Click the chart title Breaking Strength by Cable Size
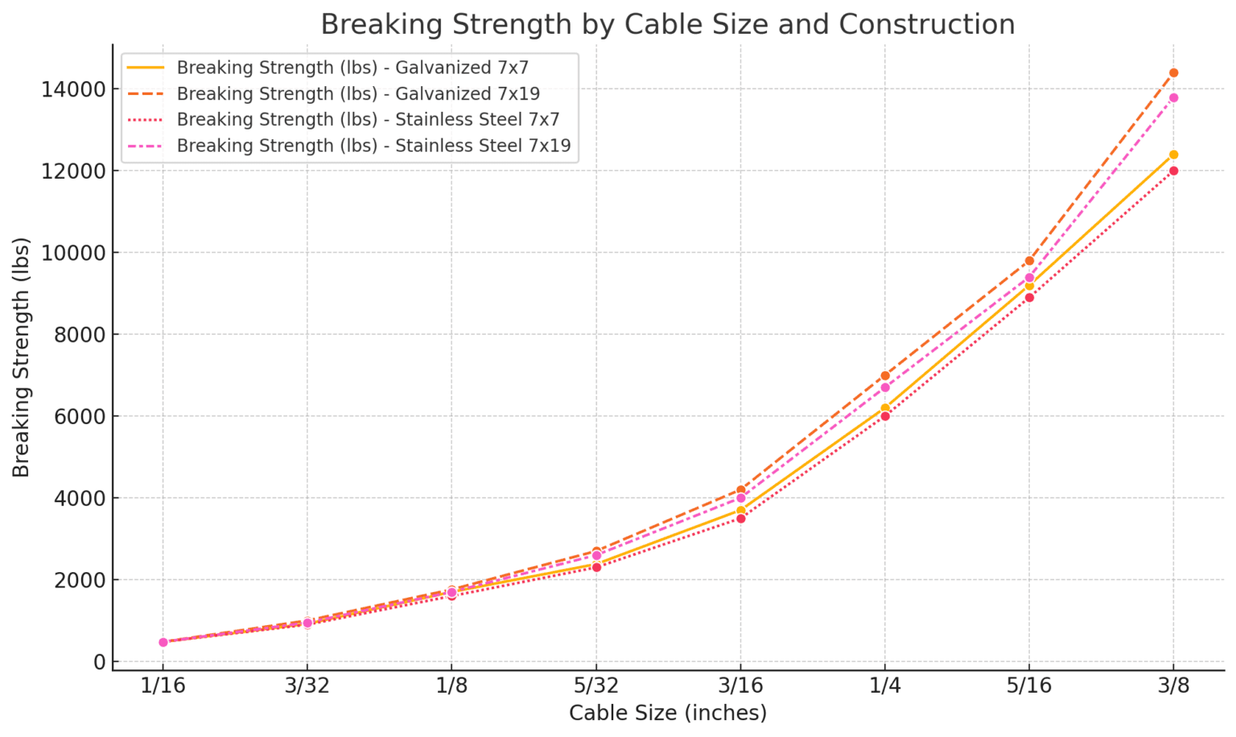click(667, 24)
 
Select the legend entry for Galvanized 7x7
click(352, 68)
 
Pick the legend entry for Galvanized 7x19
click(358, 93)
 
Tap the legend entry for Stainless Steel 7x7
click(368, 120)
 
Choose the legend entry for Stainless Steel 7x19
click(373, 146)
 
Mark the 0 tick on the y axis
click(99, 661)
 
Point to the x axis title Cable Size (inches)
click(667, 713)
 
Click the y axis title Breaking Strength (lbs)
click(22, 356)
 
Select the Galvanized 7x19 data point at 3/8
click(1173, 73)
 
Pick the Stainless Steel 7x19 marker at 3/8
click(1173, 98)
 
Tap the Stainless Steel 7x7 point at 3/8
click(1173, 171)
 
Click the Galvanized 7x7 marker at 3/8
click(1173, 154)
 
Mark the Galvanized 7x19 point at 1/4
click(885, 376)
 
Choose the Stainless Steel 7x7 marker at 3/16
click(740, 518)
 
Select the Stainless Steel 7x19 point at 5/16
click(1029, 278)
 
